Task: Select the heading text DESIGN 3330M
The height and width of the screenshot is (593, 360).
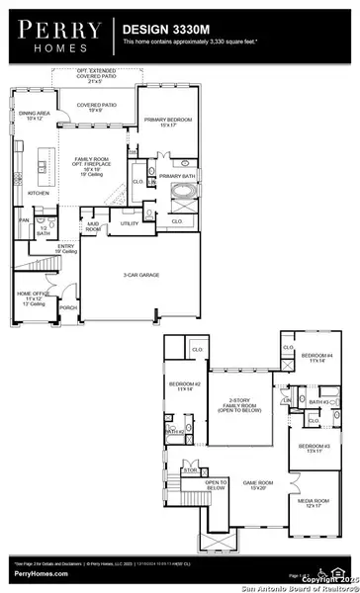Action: [160, 31]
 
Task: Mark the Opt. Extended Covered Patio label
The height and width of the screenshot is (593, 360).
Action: [98, 75]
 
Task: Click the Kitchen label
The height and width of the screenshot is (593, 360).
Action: [38, 193]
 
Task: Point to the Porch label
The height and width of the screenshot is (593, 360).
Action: [68, 307]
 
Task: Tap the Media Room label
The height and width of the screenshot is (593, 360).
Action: [314, 503]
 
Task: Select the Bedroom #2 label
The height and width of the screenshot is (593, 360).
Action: [185, 385]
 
